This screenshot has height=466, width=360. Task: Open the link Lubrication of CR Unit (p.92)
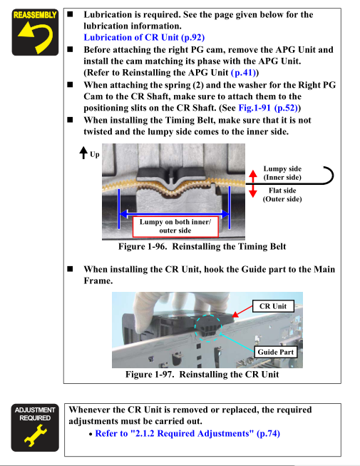pyautogui.click(x=144, y=37)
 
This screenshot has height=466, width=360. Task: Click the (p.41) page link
pyautogui.click(x=243, y=73)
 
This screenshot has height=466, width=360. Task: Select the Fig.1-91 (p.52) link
pyautogui.click(x=268, y=108)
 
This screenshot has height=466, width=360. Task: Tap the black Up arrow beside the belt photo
pyautogui.click(x=83, y=153)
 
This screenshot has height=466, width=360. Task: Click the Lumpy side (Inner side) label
pyautogui.click(x=282, y=173)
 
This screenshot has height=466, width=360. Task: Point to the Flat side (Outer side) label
pyautogui.click(x=282, y=195)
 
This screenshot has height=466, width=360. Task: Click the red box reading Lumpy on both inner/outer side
pyautogui.click(x=175, y=226)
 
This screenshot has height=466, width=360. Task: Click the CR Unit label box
pyautogui.click(x=273, y=306)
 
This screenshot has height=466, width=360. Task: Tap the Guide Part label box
pyautogui.click(x=275, y=352)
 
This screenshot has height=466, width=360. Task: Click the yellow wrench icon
pyautogui.click(x=36, y=435)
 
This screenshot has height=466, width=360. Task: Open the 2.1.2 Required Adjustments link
pyautogui.click(x=187, y=434)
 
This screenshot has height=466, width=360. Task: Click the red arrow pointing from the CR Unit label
pyautogui.click(x=242, y=311)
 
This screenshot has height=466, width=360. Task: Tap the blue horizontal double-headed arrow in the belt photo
pyautogui.click(x=174, y=213)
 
